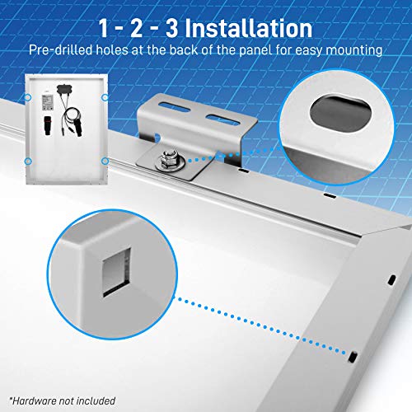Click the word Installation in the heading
pyautogui.click(x=249, y=28)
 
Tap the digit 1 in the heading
pyautogui.click(x=104, y=28)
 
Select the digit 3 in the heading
pyautogui.click(x=172, y=28)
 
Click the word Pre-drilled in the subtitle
pyautogui.click(x=61, y=50)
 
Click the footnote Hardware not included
pyautogui.click(x=63, y=400)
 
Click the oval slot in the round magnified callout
pyautogui.click(x=340, y=113)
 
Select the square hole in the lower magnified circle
pyautogui.click(x=116, y=273)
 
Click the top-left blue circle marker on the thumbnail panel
pyautogui.click(x=28, y=97)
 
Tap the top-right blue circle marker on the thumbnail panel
pyautogui.click(x=105, y=97)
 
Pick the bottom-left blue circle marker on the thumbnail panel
pyautogui.click(x=28, y=162)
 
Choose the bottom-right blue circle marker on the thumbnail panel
pyautogui.click(x=105, y=162)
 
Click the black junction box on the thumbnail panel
pyautogui.click(x=64, y=89)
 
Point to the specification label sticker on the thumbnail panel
pyautogui.click(x=47, y=103)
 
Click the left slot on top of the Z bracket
pyautogui.click(x=175, y=107)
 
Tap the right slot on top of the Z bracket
pyautogui.click(x=222, y=119)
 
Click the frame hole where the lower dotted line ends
pyautogui.click(x=353, y=357)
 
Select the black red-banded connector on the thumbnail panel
pyautogui.click(x=48, y=125)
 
